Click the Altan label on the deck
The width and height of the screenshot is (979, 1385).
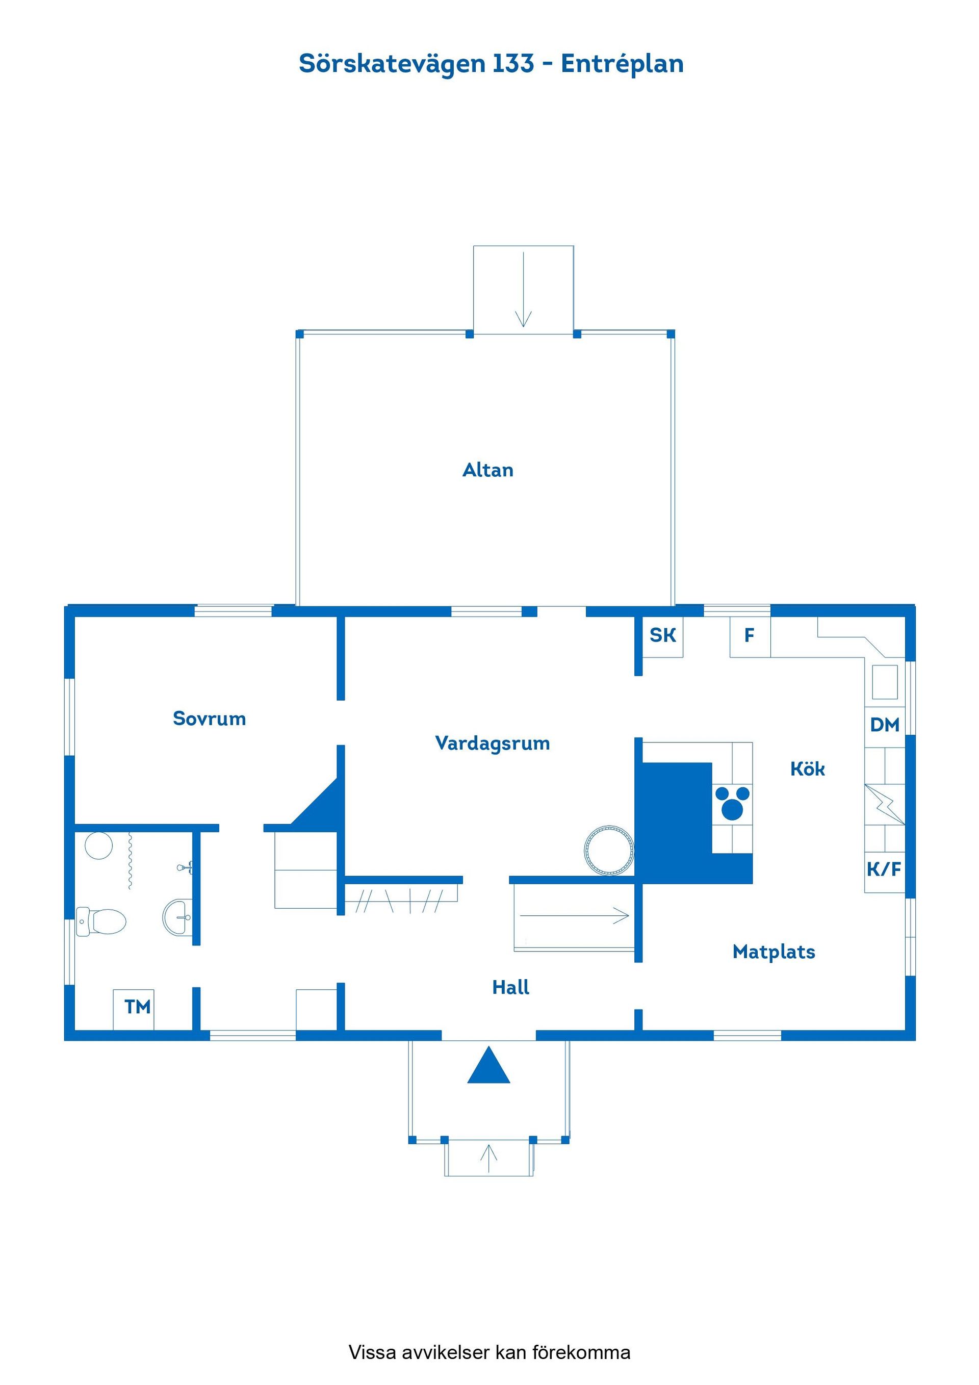click(487, 470)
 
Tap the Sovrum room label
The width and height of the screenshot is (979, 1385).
click(209, 719)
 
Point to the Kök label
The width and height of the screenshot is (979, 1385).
click(807, 768)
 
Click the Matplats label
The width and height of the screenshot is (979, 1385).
click(774, 952)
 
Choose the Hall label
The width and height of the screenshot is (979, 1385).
click(510, 987)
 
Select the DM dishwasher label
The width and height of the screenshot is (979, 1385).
click(884, 725)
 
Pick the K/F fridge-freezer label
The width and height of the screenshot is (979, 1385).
click(884, 869)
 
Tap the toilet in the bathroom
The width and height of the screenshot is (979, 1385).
click(101, 922)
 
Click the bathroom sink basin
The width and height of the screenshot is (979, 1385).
click(178, 917)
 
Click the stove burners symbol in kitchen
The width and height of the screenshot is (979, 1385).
click(732, 803)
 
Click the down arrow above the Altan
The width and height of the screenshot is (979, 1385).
click(523, 290)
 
